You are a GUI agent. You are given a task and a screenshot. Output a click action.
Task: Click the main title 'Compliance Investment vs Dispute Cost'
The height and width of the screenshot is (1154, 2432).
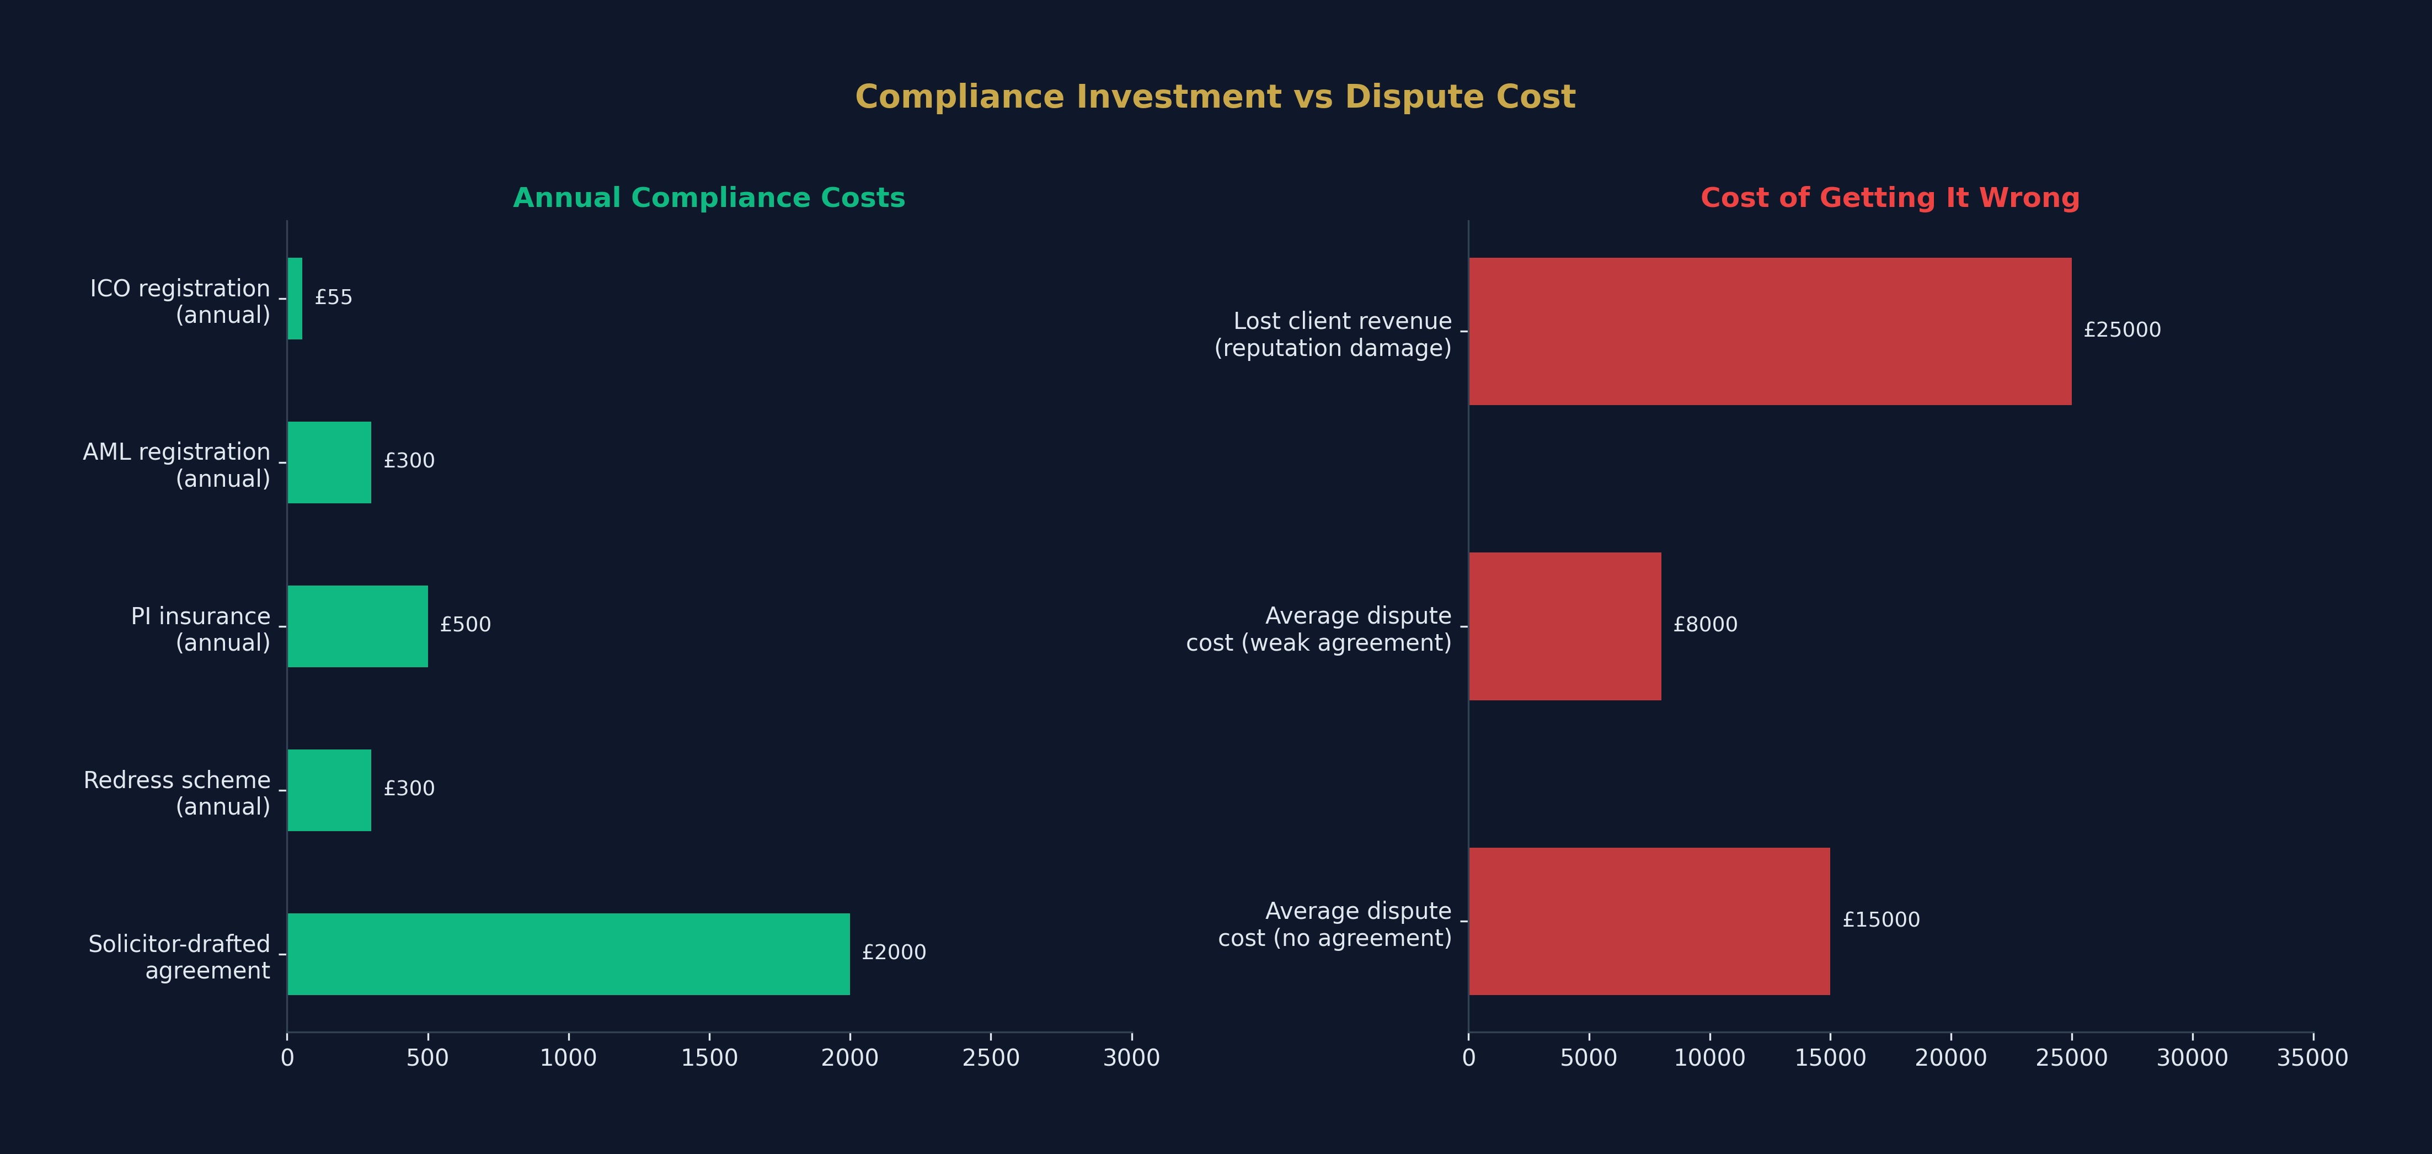[x=1215, y=97]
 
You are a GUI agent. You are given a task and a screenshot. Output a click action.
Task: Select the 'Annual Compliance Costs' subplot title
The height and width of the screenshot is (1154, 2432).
[x=709, y=198]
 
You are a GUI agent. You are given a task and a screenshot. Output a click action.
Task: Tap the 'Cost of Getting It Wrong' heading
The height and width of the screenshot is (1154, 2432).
[x=1890, y=198]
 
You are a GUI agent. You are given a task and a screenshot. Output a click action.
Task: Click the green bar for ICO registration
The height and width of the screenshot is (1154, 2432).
[x=295, y=299]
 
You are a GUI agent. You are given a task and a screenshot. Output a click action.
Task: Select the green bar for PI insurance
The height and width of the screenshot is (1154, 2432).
[x=358, y=626]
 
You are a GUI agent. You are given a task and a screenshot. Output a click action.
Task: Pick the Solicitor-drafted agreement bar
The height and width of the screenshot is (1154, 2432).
[x=568, y=954]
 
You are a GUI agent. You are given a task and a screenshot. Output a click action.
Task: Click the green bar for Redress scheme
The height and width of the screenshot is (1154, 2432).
[x=329, y=790]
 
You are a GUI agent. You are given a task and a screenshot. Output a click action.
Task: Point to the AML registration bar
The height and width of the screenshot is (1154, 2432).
[x=329, y=462]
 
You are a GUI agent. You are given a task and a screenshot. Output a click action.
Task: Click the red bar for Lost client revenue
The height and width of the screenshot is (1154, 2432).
[x=1770, y=332]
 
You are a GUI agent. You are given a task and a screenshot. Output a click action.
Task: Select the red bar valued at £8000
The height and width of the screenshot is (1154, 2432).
[x=1565, y=626]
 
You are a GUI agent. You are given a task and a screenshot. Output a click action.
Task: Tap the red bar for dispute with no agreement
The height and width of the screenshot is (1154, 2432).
[x=1649, y=921]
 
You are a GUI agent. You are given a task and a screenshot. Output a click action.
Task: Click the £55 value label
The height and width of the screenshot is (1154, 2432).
[x=333, y=297]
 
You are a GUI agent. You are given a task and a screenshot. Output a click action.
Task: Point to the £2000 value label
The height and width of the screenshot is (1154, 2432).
[x=894, y=952]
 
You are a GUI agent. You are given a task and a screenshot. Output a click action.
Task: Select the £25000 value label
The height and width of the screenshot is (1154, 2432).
[x=2123, y=329]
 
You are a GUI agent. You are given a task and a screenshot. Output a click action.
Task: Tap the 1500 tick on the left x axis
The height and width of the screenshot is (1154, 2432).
[x=709, y=1057]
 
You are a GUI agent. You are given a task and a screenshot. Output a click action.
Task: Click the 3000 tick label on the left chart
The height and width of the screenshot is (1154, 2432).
[x=1132, y=1057]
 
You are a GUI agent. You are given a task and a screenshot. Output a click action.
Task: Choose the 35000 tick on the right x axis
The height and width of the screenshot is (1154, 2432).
[x=2313, y=1057]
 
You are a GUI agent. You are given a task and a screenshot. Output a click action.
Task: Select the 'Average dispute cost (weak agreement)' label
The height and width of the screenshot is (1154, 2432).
[x=1319, y=629]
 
